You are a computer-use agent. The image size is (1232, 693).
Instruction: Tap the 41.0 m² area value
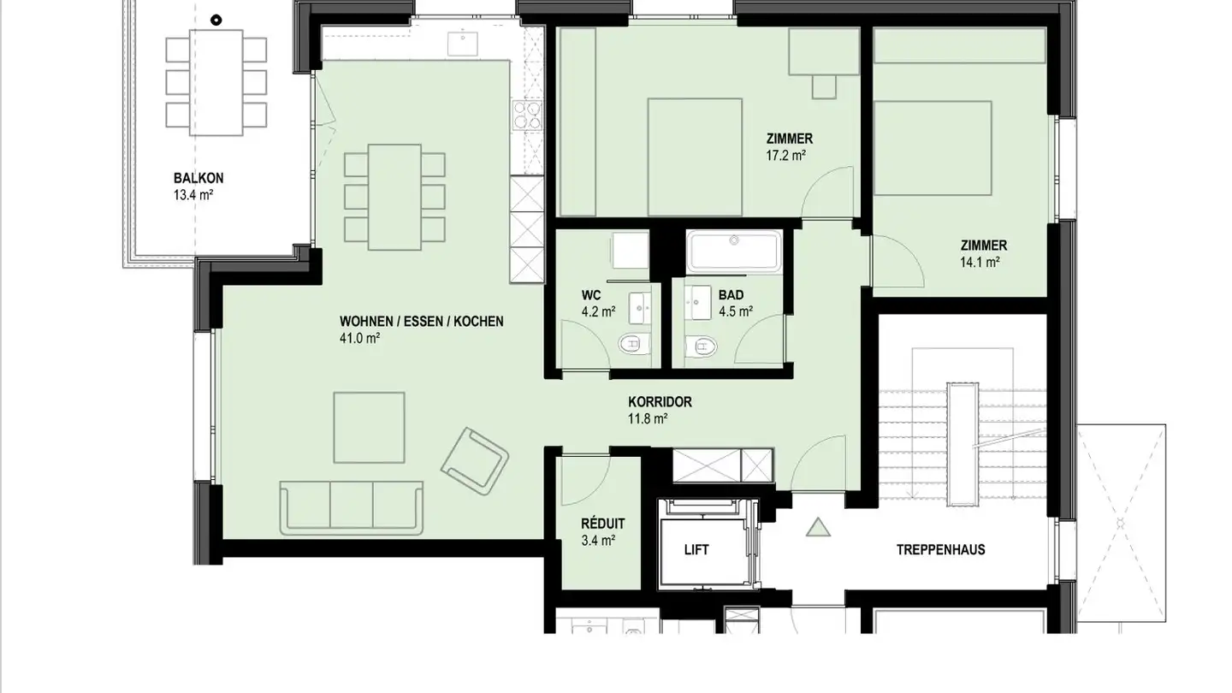click(359, 338)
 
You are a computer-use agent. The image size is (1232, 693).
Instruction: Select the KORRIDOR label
click(660, 402)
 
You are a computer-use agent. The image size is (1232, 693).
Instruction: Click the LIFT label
click(696, 549)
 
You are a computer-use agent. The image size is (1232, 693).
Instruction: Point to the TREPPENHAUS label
click(940, 549)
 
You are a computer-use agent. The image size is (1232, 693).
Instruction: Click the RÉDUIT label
click(603, 523)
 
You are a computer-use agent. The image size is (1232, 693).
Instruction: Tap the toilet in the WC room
click(634, 344)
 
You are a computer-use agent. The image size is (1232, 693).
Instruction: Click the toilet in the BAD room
click(702, 346)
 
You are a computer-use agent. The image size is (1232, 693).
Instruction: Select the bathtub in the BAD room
click(734, 252)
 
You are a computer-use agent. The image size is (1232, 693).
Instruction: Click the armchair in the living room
click(475, 461)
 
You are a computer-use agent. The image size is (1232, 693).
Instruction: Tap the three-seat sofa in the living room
click(352, 507)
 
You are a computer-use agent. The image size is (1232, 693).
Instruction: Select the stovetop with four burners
click(527, 115)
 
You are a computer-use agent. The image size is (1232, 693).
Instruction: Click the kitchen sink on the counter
click(463, 44)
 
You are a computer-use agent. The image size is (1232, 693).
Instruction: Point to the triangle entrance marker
click(818, 527)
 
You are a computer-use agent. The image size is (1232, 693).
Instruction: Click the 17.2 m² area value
click(786, 156)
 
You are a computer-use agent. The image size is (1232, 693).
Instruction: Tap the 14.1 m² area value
click(980, 263)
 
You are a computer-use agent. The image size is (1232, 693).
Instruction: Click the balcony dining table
click(216, 82)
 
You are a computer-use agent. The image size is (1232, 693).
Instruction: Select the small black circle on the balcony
click(216, 21)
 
